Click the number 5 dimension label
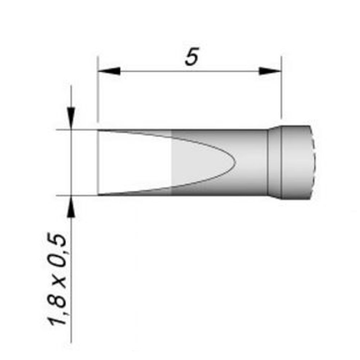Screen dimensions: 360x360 pos(192,57)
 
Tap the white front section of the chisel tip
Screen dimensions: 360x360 pos(133,163)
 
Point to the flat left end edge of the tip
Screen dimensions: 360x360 pos(98,163)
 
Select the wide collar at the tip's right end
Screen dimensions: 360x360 pos(295,163)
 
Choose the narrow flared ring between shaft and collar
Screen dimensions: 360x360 pos(274,163)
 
